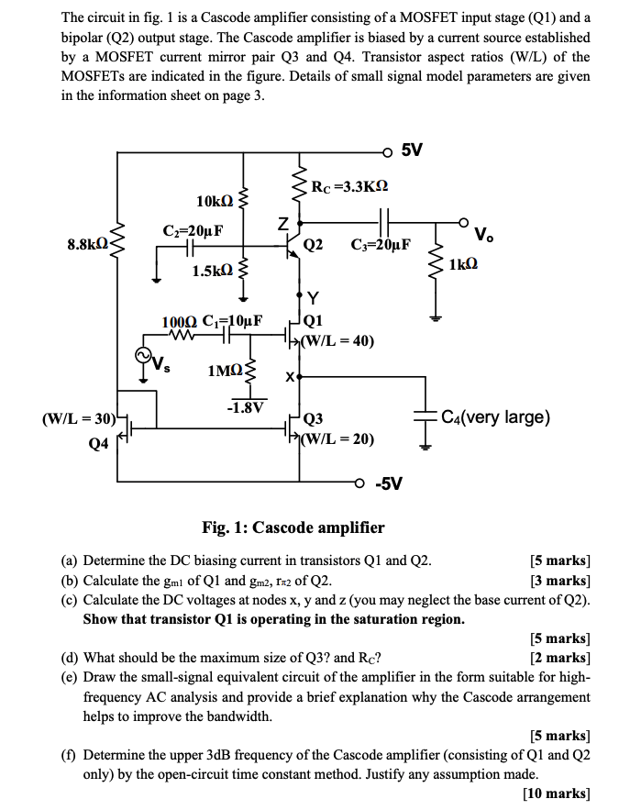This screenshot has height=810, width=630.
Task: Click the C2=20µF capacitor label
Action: (x=192, y=229)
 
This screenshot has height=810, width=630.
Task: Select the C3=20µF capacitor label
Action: (x=381, y=245)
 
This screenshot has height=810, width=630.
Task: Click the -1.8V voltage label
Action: (x=245, y=407)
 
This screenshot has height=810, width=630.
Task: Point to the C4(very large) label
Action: (x=495, y=417)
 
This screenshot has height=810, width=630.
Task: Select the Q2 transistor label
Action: (x=313, y=245)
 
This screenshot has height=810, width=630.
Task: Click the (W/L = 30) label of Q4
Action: (x=79, y=419)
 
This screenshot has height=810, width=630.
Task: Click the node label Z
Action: (x=283, y=223)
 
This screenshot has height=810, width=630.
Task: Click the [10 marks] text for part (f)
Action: (x=556, y=793)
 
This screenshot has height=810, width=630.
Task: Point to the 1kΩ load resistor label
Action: (x=464, y=264)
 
